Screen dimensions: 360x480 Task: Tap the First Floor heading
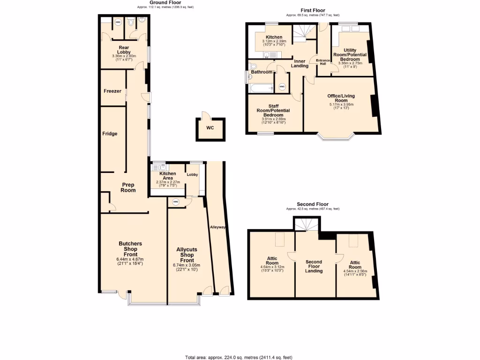(x=313, y=10)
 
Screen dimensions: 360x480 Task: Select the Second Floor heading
(x=313, y=204)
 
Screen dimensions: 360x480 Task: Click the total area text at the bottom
(x=240, y=357)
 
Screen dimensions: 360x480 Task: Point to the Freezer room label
(x=112, y=91)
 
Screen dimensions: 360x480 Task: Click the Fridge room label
(x=110, y=134)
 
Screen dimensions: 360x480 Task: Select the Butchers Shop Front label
(x=130, y=249)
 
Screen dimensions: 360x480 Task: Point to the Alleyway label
(x=218, y=227)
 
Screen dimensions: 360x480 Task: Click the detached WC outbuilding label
(x=210, y=128)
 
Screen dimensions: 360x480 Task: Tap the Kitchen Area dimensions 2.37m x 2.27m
(x=167, y=183)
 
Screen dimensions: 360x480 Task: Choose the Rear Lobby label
(x=124, y=50)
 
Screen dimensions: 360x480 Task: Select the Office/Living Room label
(x=341, y=98)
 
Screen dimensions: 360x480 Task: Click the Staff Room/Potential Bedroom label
(x=273, y=111)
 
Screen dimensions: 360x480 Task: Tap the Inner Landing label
(x=300, y=63)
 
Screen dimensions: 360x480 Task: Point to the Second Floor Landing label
(x=314, y=266)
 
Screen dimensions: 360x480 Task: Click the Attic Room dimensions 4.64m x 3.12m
(x=272, y=268)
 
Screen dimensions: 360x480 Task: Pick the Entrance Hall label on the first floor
(x=323, y=61)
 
